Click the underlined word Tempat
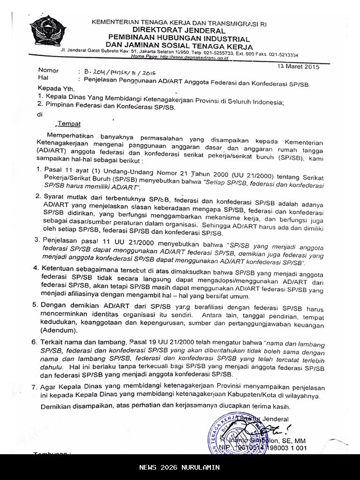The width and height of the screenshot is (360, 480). pyautogui.click(x=69, y=124)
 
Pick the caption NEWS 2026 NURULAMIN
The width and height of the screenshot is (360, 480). pyautogui.click(x=180, y=467)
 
